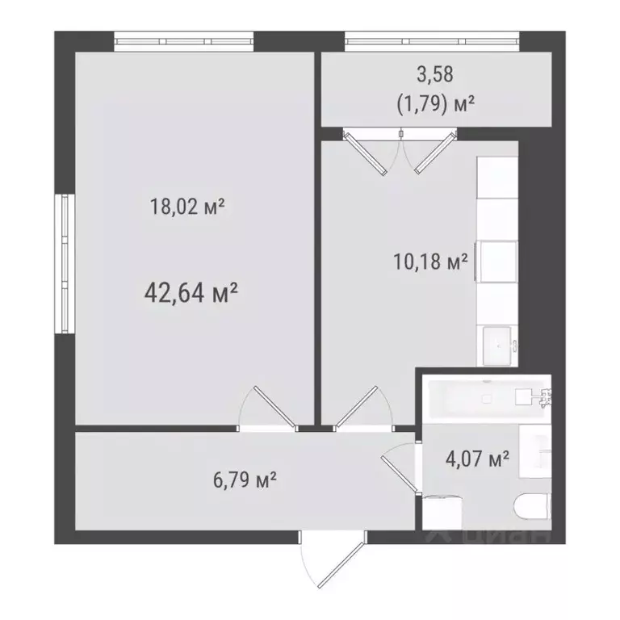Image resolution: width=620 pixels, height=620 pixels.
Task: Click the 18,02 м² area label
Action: point(186,207)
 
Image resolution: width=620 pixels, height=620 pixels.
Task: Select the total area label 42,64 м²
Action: point(190,291)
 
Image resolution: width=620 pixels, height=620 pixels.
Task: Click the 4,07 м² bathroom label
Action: point(477,460)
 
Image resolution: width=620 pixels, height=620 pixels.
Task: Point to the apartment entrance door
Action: point(326,560)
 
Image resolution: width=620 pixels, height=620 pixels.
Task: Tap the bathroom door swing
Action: point(397,468)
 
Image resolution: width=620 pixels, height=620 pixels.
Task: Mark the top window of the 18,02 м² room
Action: point(184,40)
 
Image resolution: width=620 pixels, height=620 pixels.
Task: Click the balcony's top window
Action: point(431,40)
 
